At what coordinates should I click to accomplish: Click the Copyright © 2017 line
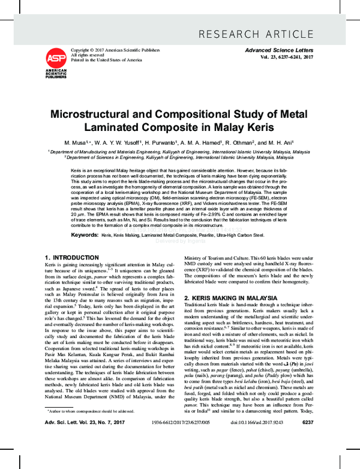point(112,49)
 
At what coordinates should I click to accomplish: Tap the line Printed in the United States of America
point(106,60)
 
